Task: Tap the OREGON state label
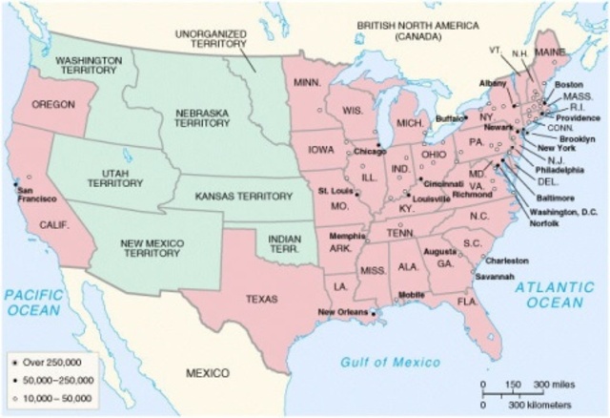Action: coord(52,104)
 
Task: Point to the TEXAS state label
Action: coord(261,298)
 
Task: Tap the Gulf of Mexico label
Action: coord(391,362)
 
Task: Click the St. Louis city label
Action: coord(335,191)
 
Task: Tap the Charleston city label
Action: coord(507,260)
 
